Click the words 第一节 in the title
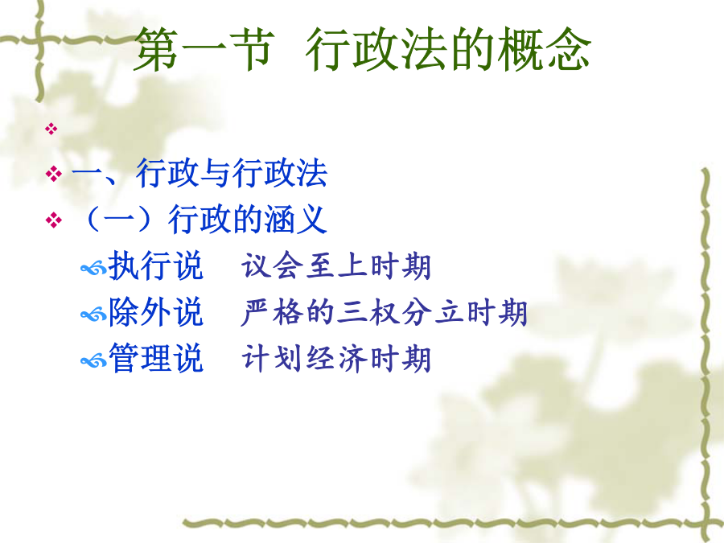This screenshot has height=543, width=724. tap(204, 49)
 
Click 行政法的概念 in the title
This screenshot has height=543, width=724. tap(448, 49)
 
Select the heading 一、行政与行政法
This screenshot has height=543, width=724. tap(200, 173)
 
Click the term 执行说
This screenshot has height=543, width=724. tap(155, 265)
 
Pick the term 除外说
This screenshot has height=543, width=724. tap(155, 311)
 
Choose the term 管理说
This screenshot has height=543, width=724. tap(155, 358)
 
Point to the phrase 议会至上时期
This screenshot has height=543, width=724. tap(336, 266)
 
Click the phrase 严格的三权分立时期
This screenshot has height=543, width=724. tap(385, 312)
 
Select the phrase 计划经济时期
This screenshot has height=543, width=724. tap(336, 358)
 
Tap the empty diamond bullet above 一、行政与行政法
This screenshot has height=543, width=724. tap(51, 129)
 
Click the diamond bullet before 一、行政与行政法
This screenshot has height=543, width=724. tap(54, 174)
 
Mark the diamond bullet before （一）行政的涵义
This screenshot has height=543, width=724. tap(54, 220)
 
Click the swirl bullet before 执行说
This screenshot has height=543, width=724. tap(94, 268)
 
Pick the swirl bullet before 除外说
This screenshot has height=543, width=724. tap(94, 315)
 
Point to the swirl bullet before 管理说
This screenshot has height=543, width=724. tap(94, 360)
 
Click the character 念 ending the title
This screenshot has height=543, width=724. tap(568, 49)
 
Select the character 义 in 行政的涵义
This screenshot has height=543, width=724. tap(312, 219)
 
